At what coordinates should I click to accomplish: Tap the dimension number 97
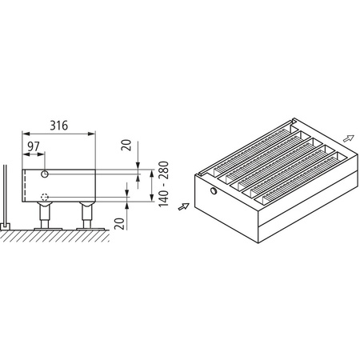coord(34,146)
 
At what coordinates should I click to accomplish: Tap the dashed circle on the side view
coord(45,197)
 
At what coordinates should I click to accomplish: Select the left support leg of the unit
coord(46,215)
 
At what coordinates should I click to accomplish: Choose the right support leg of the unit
coord(86,215)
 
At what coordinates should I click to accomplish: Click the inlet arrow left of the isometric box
coord(183,206)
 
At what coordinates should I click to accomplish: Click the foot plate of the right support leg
coord(86,227)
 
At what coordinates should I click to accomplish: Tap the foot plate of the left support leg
coord(46,227)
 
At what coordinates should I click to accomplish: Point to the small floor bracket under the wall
coord(7,226)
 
